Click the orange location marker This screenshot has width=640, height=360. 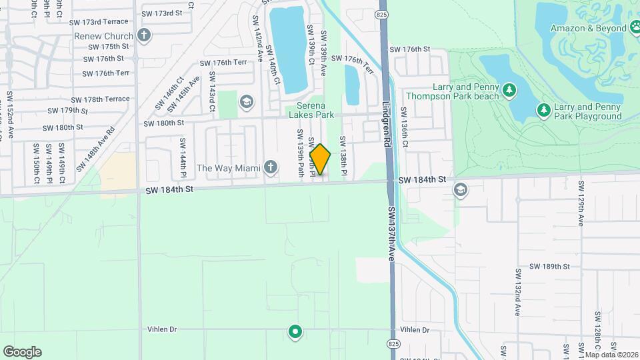320,159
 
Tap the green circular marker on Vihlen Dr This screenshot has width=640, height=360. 295,331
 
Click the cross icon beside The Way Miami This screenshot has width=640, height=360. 271,167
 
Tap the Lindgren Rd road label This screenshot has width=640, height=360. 387,120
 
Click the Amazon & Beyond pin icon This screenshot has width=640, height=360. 633,28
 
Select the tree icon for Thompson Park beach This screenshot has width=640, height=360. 509,89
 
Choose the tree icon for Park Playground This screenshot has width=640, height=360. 543,109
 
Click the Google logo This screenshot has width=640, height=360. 22,352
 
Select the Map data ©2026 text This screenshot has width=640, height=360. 611,355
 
